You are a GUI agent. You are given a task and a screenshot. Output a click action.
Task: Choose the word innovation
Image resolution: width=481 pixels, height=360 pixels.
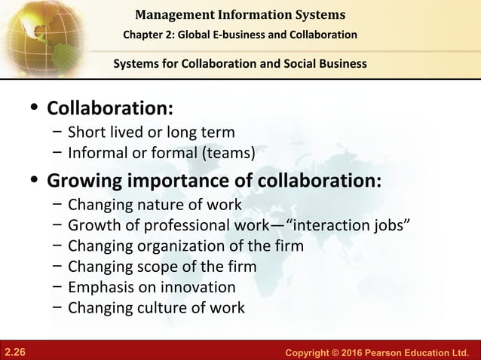click(x=197, y=287)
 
